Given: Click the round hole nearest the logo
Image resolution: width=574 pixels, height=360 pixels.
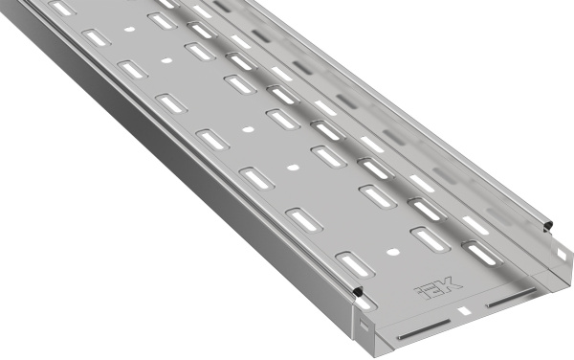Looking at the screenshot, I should [x=392, y=252].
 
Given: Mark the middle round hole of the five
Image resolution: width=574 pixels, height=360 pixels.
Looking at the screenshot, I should [x=248, y=128].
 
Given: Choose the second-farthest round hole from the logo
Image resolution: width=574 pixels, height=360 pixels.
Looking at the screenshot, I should [x=167, y=60].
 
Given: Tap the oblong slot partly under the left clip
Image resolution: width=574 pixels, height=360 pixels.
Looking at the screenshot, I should [x=355, y=264].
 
